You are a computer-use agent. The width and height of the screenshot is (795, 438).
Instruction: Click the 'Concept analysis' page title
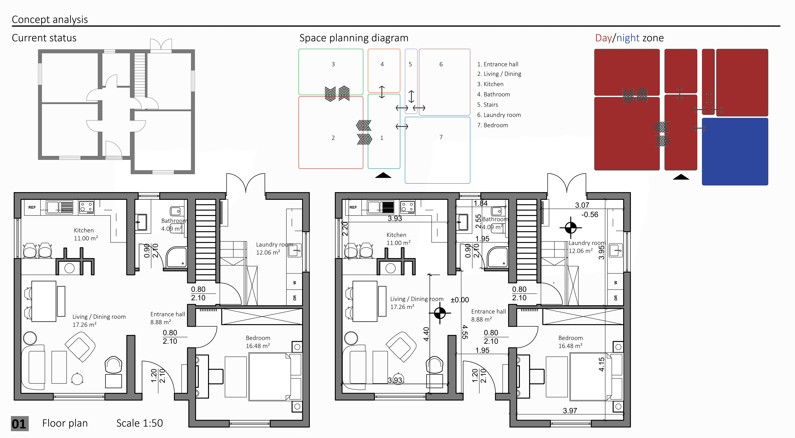pyautogui.click(x=50, y=19)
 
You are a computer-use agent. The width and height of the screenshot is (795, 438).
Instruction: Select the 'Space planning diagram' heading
pyautogui.click(x=354, y=38)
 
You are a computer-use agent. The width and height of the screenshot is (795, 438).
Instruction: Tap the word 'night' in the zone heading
pyautogui.click(x=628, y=38)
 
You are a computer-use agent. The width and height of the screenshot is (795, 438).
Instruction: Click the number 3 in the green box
pyautogui.click(x=333, y=64)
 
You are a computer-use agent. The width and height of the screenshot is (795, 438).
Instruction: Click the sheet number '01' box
pyautogui.click(x=19, y=424)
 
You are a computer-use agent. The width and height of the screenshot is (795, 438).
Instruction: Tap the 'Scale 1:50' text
pyautogui.click(x=140, y=423)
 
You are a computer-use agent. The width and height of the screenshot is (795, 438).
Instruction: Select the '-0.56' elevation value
pyautogui.click(x=589, y=214)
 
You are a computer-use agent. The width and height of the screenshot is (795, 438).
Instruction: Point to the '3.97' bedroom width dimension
pyautogui.click(x=570, y=411)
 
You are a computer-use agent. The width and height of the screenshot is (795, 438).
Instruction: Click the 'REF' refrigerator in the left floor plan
pyautogui.click(x=32, y=207)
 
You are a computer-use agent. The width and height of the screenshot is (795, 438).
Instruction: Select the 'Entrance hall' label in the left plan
pyautogui.click(x=168, y=314)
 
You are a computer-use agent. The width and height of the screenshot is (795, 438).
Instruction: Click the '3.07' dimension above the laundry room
pyautogui.click(x=582, y=205)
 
